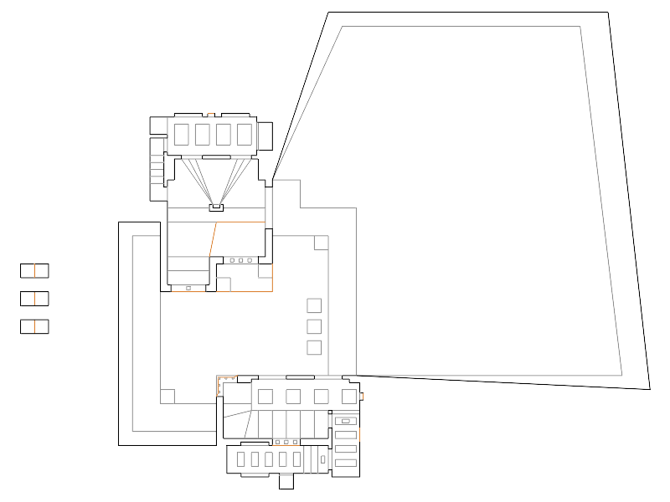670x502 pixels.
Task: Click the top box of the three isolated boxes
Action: coord(34,270)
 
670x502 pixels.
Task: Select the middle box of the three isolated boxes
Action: coord(34,298)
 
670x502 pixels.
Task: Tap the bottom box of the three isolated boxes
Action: coord(34,326)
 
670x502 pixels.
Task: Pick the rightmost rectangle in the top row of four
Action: coord(245,134)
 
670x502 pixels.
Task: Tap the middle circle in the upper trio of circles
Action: coord(240,260)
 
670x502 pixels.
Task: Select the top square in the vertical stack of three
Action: coord(315,305)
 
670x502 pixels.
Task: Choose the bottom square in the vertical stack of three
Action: coord(315,346)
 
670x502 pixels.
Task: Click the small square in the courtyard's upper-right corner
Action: coord(321,243)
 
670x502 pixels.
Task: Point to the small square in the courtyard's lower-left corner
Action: coord(167,396)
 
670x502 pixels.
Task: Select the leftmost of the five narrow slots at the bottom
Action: coord(241,459)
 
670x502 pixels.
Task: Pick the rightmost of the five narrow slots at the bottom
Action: coord(296,459)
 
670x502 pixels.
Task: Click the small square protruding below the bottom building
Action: coord(286,482)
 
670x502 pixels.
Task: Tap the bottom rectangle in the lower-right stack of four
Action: coord(345,464)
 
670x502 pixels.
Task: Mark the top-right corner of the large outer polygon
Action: coord(607,12)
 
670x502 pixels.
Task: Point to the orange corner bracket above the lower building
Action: coord(221,381)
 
